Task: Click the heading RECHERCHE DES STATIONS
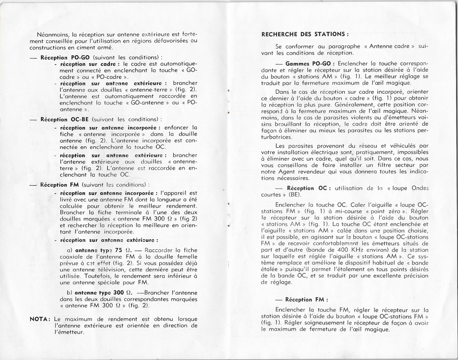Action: (x=305, y=34)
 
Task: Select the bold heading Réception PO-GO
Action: (x=65, y=57)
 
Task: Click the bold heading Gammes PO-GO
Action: (x=310, y=63)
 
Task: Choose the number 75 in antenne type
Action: (x=119, y=250)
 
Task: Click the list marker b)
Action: (x=70, y=292)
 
